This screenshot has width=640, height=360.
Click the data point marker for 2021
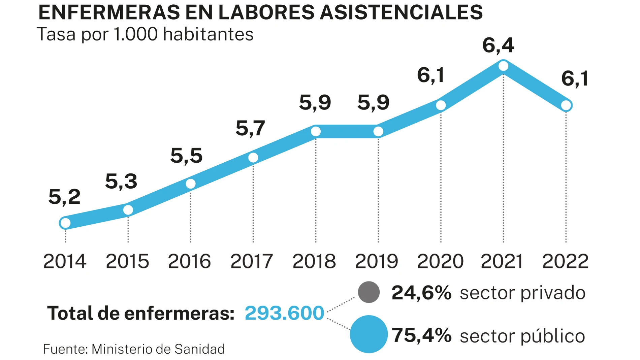tap(503, 66)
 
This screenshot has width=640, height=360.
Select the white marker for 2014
tap(65, 223)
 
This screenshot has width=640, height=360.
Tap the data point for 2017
tap(253, 157)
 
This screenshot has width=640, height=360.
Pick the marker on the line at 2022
tap(566, 105)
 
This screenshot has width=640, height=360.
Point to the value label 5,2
tap(64, 197)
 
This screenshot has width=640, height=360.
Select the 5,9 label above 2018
tap(315, 102)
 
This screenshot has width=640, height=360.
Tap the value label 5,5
tap(186, 156)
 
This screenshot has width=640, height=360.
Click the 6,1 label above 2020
tap(430, 75)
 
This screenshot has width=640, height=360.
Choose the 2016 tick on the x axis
tap(189, 261)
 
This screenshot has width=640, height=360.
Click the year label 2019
tap(377, 261)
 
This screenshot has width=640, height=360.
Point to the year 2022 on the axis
tap(565, 261)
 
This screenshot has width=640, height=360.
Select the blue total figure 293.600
tap(284, 313)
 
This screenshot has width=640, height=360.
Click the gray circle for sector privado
tap(369, 292)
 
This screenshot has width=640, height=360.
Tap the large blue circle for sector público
tap(369, 334)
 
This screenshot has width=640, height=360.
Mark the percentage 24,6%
tap(421, 293)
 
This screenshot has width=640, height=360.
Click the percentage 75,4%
tap(421, 335)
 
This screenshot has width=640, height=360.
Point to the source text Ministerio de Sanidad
tap(158, 349)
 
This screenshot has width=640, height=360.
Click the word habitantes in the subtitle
tap(208, 34)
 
